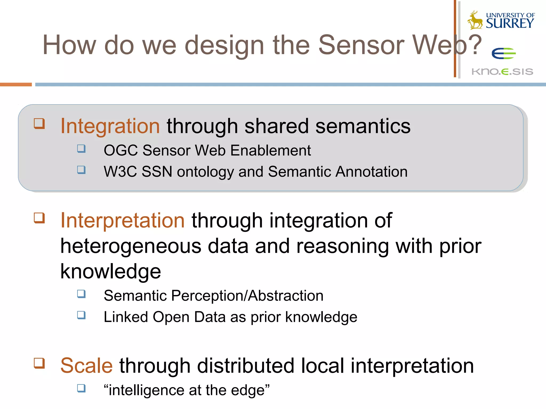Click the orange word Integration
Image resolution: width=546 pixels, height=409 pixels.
[x=110, y=126]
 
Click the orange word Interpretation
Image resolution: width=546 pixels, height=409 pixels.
[x=122, y=220]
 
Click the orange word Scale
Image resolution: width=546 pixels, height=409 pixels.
[x=86, y=366]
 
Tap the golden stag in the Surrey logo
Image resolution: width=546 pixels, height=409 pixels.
[x=475, y=20]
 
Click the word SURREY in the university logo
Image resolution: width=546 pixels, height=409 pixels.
[x=509, y=23]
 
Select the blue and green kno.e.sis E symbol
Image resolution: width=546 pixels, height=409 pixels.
[x=503, y=54]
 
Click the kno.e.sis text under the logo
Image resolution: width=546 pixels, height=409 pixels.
[x=502, y=72]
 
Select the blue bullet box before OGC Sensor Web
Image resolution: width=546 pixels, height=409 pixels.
[x=81, y=149]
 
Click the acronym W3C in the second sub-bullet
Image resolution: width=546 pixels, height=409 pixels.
[x=120, y=171]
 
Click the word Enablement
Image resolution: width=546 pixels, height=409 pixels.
[x=271, y=150]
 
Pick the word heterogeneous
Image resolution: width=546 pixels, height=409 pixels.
[x=131, y=246]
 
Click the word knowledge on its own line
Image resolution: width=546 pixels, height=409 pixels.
[x=111, y=271]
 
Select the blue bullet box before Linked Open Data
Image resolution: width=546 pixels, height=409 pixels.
[x=81, y=315]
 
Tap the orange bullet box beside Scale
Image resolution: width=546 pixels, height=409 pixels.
[x=39, y=363]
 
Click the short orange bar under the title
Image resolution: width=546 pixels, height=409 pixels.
[x=16, y=85]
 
